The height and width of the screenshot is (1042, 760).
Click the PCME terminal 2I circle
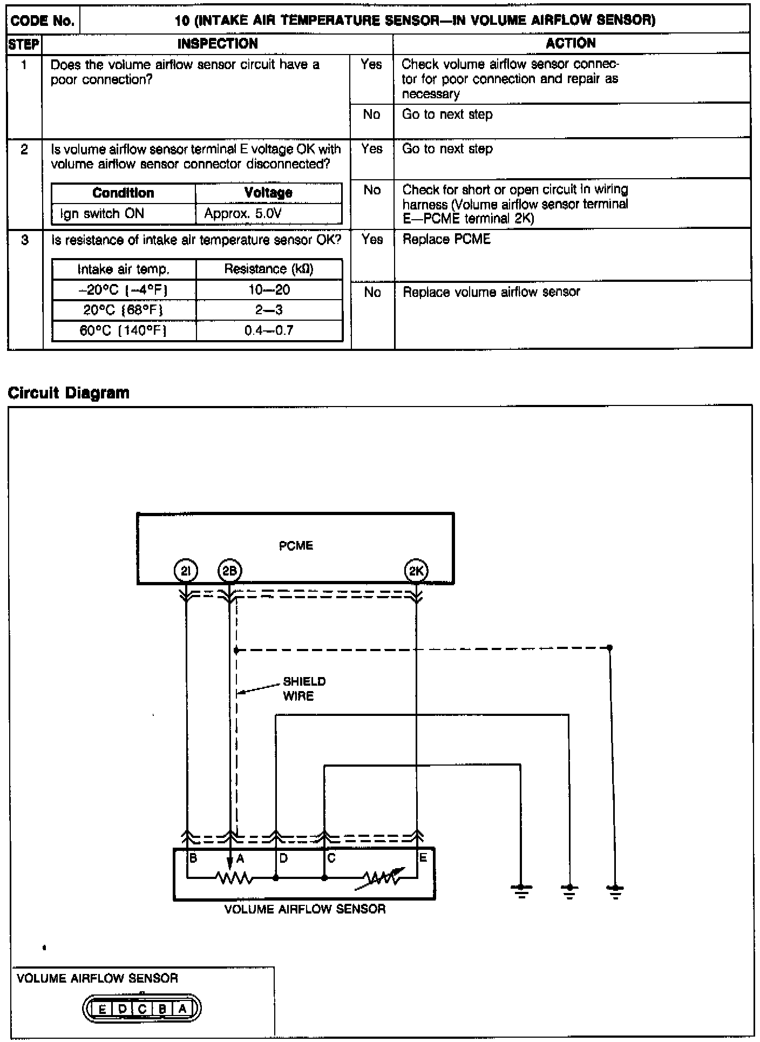186,571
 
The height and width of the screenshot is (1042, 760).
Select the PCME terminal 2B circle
230,571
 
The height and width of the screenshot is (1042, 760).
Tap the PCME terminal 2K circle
416,571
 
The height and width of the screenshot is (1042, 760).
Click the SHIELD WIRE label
304,688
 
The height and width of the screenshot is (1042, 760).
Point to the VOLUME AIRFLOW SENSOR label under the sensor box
305,909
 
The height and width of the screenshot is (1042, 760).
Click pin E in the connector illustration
102,1009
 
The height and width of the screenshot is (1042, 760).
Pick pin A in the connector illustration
182,1009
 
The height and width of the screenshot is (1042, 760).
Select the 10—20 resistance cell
269,290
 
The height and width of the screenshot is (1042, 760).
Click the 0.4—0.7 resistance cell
269,330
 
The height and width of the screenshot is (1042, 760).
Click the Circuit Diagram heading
69,393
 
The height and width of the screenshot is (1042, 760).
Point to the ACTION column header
571,43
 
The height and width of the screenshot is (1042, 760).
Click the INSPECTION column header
218,44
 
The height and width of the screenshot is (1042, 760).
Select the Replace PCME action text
446,239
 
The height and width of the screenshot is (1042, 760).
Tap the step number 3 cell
25,240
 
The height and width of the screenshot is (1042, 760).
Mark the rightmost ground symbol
615,889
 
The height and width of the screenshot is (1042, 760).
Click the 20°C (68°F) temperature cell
124,310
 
